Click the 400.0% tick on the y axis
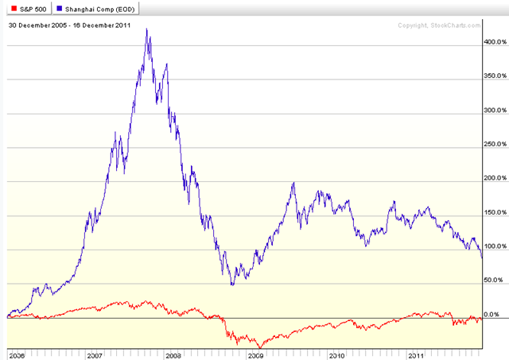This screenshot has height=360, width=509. click(x=494, y=41)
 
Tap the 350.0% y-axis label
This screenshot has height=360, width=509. click(x=494, y=75)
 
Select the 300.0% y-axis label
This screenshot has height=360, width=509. click(x=494, y=110)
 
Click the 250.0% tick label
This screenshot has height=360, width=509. click(x=494, y=144)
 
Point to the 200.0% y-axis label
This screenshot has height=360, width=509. click(x=494, y=178)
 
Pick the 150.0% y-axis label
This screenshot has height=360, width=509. click(x=494, y=212)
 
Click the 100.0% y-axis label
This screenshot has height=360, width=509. click(x=494, y=246)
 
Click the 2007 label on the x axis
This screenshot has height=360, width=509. click(x=95, y=354)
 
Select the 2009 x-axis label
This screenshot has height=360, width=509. click(x=256, y=354)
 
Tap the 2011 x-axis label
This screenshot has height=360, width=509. click(x=417, y=354)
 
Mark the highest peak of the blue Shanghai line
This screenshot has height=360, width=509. click(x=147, y=29)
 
